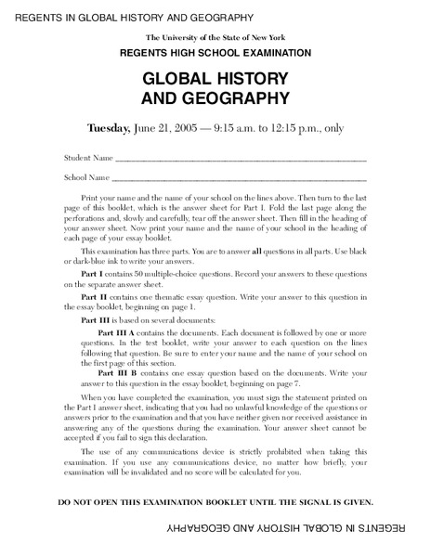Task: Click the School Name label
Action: pos(86,175)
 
